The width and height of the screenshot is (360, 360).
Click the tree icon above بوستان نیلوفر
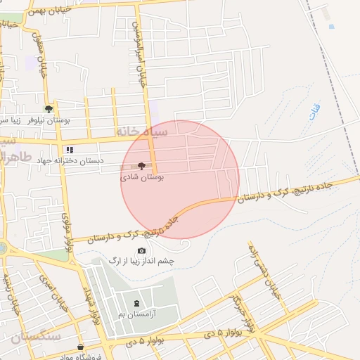click(49, 109)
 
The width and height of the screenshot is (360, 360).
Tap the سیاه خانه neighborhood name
click(141, 131)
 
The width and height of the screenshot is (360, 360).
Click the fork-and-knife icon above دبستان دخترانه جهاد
click(69, 150)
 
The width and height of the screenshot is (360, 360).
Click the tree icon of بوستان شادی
click(141, 167)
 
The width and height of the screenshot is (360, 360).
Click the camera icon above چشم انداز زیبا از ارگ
click(141, 250)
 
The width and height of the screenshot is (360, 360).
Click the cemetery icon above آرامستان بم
click(136, 303)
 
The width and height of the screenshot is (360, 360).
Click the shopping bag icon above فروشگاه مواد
click(81, 346)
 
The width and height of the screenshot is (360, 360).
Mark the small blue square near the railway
click(330, 27)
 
